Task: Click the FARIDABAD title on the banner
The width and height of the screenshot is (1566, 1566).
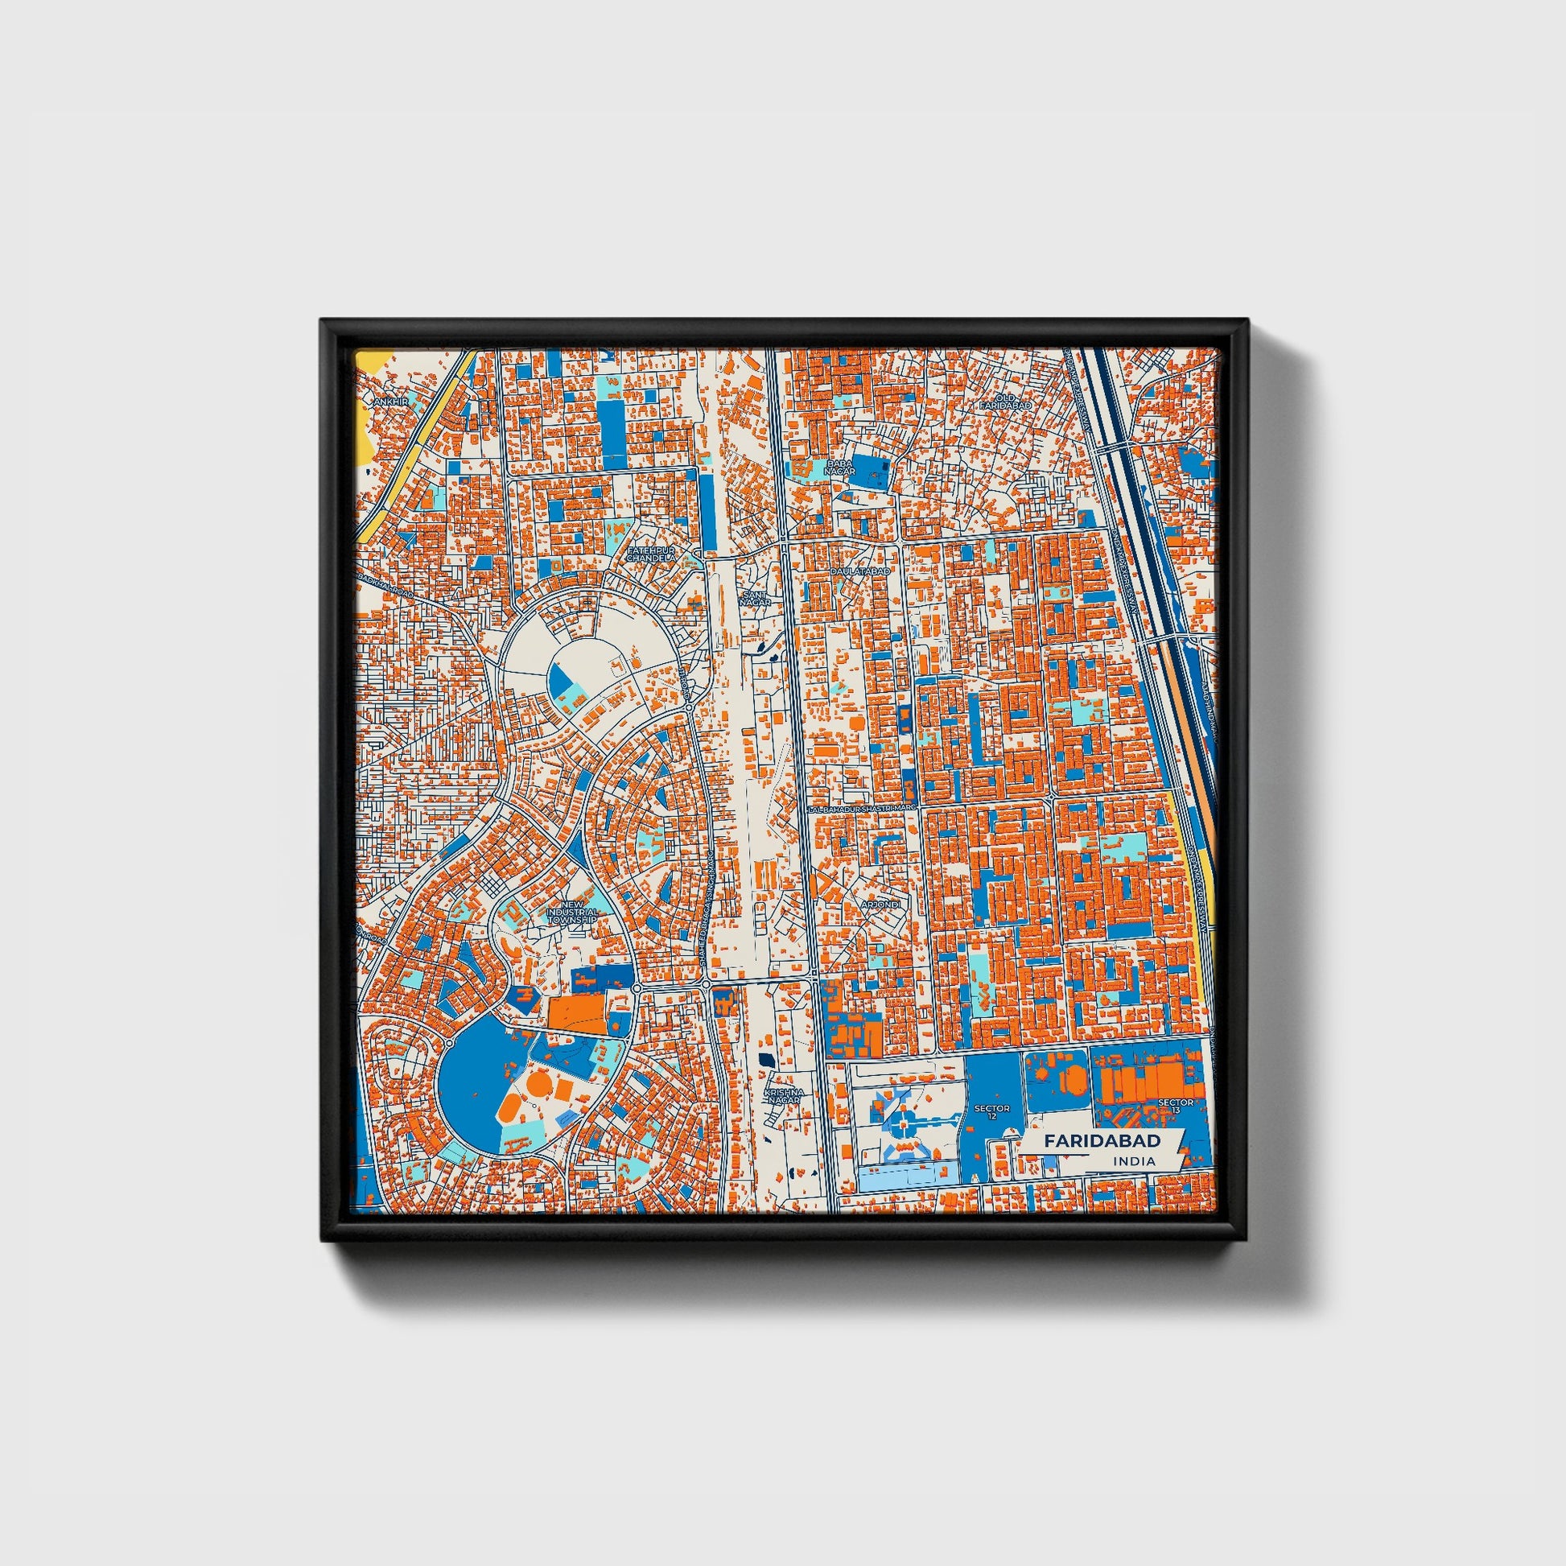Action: click(1102, 1139)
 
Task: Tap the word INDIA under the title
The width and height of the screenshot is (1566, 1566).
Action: click(1134, 1160)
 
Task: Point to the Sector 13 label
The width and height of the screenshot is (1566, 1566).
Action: click(1176, 1107)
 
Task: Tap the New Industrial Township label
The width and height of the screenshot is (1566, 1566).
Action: click(571, 913)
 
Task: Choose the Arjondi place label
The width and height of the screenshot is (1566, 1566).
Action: click(880, 903)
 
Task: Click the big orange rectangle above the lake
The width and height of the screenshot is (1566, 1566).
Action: click(576, 1012)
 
